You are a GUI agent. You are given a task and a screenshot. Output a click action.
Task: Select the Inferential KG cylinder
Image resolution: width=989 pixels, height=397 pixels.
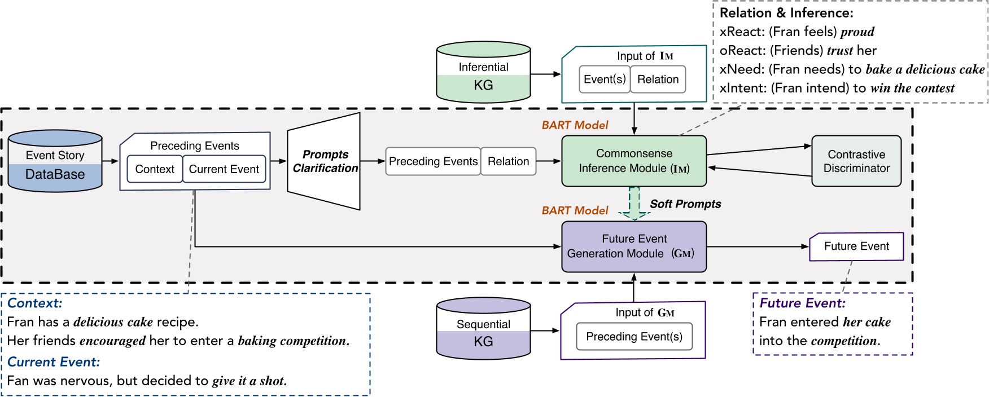[x=483, y=73]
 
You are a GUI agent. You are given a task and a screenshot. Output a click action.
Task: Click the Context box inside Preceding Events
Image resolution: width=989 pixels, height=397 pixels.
[x=155, y=169]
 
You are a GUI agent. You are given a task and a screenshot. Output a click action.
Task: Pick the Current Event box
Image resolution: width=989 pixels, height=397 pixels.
[x=224, y=169]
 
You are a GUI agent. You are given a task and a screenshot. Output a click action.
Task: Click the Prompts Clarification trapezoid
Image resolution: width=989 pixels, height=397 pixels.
[x=324, y=161]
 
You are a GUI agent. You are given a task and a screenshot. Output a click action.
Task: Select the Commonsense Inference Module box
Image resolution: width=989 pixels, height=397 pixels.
[x=634, y=161]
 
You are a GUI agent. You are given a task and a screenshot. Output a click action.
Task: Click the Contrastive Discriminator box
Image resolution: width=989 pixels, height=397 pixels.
[x=856, y=161]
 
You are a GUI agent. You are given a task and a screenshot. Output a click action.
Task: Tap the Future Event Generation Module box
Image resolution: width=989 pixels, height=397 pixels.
[x=634, y=246]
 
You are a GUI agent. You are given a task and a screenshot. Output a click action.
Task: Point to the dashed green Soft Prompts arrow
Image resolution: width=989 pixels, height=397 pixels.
[x=634, y=204]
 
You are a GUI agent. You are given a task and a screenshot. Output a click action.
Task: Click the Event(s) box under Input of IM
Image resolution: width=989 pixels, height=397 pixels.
[x=604, y=80]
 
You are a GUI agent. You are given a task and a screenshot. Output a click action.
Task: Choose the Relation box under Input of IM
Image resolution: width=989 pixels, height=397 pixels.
[x=658, y=80]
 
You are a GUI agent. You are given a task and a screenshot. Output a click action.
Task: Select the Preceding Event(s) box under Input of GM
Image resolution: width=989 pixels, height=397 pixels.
[x=634, y=337]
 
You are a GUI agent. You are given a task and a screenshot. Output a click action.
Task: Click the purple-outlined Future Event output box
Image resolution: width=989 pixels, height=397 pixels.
[x=856, y=246]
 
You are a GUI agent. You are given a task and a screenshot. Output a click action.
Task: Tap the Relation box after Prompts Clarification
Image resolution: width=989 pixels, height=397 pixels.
[x=508, y=162]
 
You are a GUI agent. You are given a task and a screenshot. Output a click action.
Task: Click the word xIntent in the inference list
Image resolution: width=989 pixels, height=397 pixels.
[x=742, y=88]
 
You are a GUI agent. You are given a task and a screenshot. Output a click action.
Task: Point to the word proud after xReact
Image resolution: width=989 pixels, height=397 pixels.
[x=857, y=32]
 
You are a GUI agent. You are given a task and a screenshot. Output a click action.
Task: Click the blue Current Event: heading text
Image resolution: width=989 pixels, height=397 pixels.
[x=54, y=361]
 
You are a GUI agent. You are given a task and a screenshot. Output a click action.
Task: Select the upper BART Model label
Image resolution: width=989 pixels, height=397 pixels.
[x=575, y=125]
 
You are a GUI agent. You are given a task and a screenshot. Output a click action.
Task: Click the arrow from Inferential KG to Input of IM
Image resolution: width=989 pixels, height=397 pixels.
[x=545, y=74]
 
